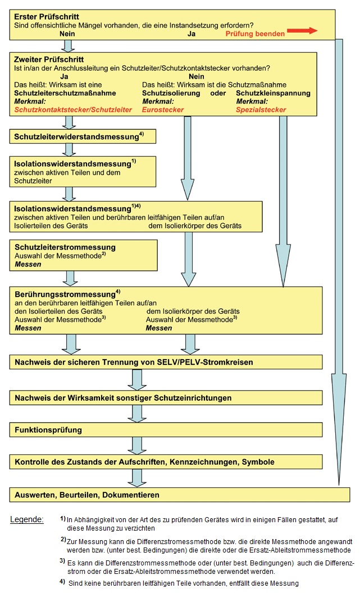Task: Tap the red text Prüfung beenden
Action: tap(255, 34)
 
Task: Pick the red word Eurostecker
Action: tap(163, 110)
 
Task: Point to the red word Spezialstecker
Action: tap(261, 110)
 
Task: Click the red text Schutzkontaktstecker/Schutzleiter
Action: tap(73, 110)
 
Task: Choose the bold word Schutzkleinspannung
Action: tap(273, 93)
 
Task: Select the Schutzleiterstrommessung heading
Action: tap(65, 247)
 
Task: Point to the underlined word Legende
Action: tap(26, 519)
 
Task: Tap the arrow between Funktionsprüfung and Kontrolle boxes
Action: tap(137, 446)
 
